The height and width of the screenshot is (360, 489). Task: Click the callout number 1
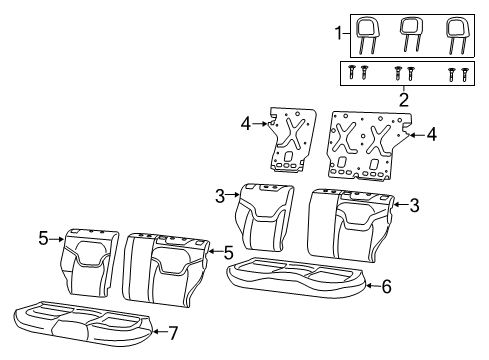coord(338,33)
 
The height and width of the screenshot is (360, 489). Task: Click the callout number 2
coord(404,99)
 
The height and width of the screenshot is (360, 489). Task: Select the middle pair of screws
coord(405,72)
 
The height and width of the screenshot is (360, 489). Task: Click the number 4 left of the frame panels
coord(245,125)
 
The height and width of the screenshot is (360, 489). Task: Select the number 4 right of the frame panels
coord(431,133)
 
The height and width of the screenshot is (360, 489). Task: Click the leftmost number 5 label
coord(44,238)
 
